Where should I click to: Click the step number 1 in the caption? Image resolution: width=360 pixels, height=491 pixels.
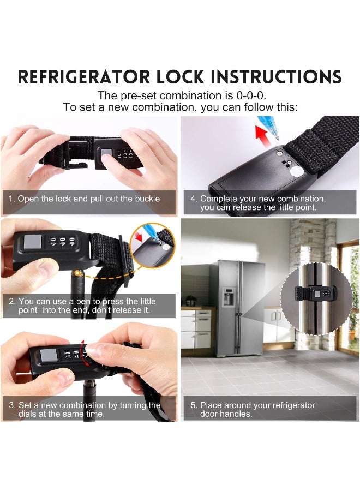10,199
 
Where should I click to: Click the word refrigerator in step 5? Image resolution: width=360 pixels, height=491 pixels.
289,405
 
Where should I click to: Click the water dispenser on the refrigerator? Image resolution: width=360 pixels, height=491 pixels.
228,295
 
